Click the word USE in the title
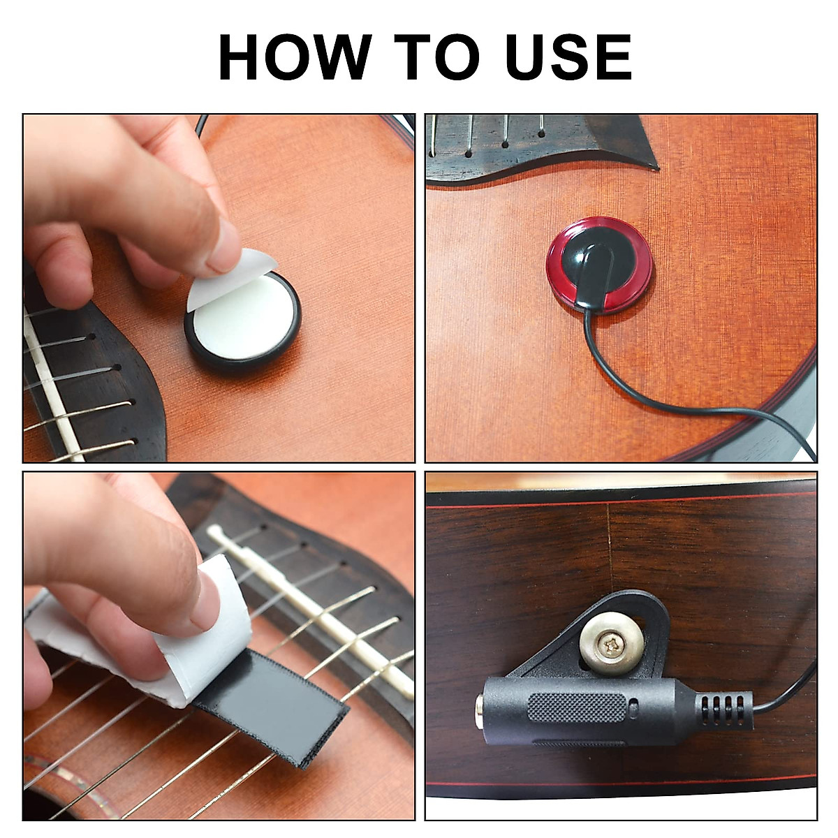pos(568,57)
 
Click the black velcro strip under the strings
pos(279,712)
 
